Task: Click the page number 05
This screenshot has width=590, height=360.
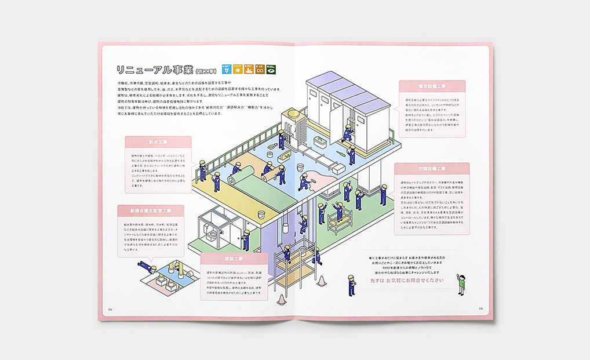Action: pyautogui.click(x=110, y=310)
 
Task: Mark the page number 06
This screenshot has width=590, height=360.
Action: pyautogui.click(x=480, y=308)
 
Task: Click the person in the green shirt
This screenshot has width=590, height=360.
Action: pyautogui.click(x=461, y=283)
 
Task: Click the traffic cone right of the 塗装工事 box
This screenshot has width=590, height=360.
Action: pyautogui.click(x=281, y=299)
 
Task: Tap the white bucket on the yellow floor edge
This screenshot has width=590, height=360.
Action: pyautogui.click(x=261, y=214)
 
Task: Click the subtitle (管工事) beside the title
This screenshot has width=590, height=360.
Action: pyautogui.click(x=206, y=72)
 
